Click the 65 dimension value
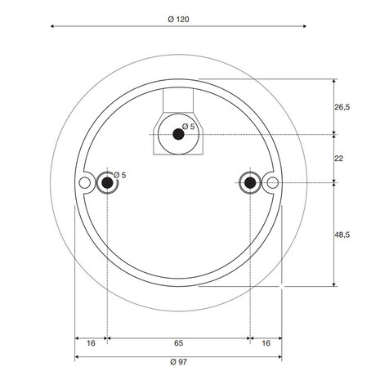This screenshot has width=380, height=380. tap(177, 344)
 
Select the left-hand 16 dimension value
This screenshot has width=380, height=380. tap(91, 344)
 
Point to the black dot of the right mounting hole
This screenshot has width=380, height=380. tap(249, 181)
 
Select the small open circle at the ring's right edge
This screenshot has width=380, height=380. tap(272, 181)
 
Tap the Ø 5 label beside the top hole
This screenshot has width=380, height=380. tap(189, 127)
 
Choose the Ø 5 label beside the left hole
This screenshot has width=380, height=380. tap(119, 175)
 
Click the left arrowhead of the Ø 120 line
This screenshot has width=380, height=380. tap(53, 27)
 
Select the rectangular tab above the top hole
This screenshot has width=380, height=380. tap(177, 102)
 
